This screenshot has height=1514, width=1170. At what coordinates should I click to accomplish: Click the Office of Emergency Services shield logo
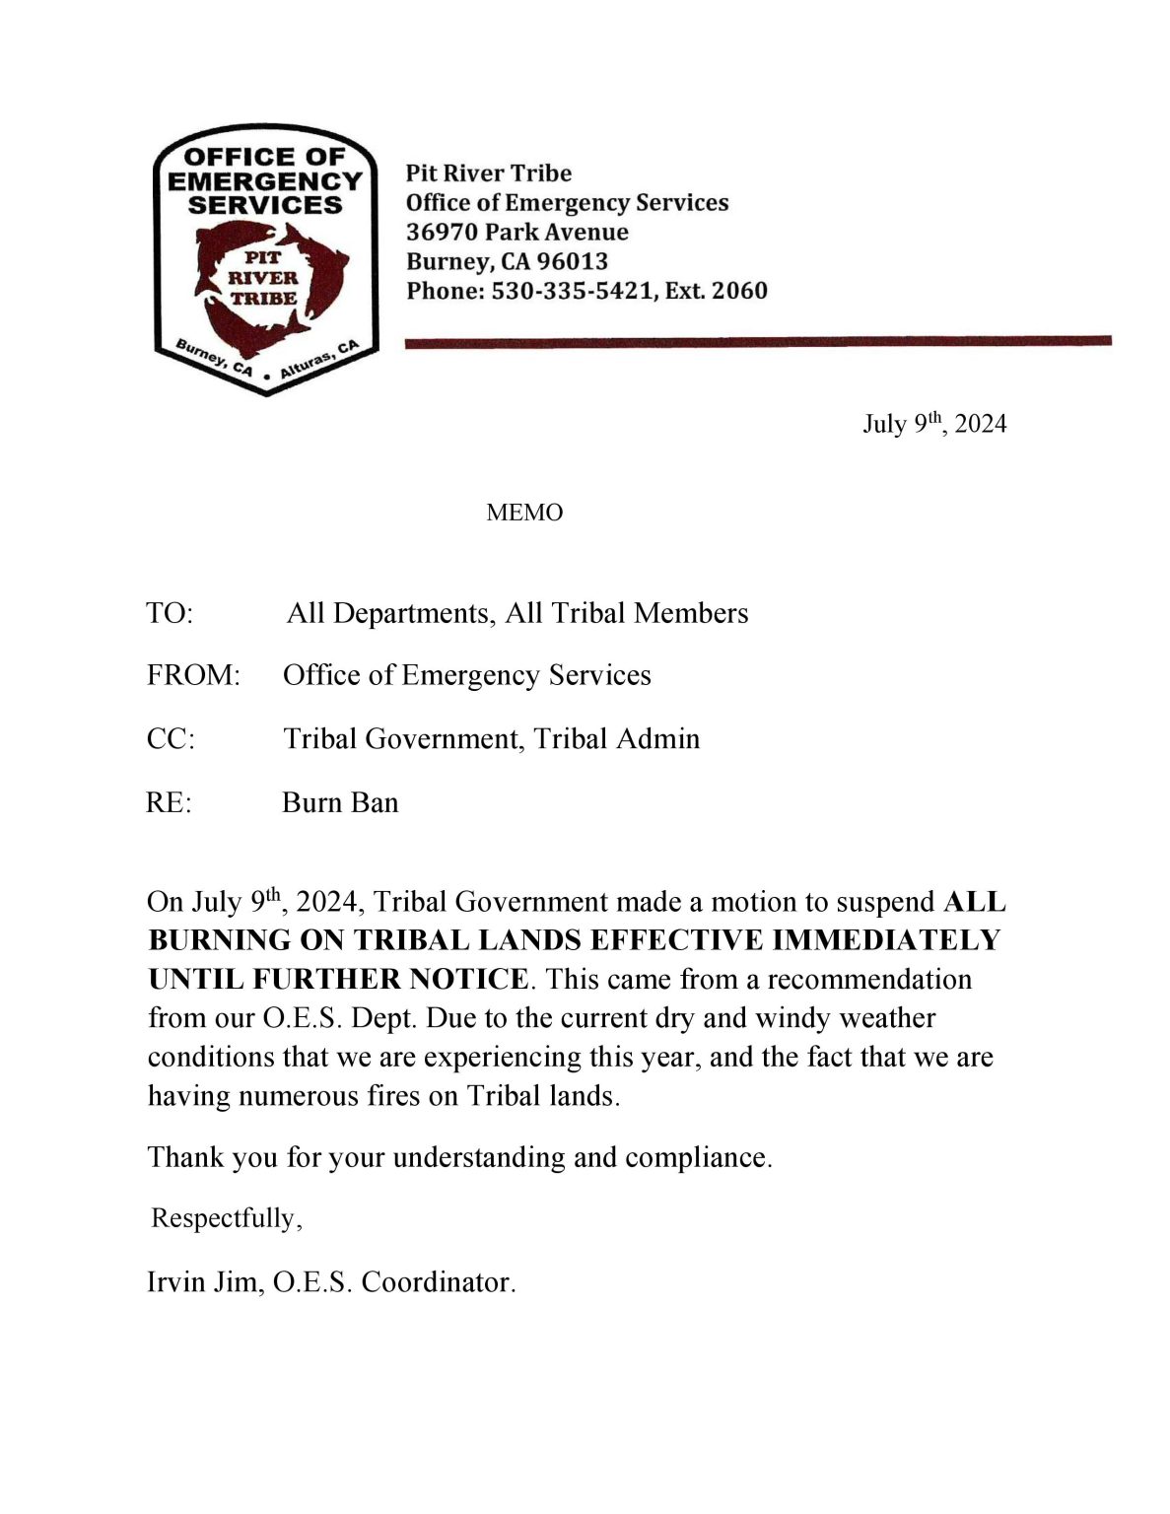coord(265,259)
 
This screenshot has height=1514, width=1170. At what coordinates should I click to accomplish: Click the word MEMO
coord(524,513)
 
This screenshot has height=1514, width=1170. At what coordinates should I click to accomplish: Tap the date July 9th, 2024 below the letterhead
coord(933,424)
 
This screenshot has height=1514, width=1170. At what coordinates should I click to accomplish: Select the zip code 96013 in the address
coord(572,261)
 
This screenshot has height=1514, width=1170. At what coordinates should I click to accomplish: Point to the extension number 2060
coord(738,291)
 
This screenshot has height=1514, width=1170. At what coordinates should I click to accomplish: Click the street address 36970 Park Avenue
coord(516,232)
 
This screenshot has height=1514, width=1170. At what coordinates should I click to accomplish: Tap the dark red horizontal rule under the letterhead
coord(758,341)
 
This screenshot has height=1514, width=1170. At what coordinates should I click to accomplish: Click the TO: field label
coord(170,613)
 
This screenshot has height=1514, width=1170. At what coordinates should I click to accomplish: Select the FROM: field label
coord(193,675)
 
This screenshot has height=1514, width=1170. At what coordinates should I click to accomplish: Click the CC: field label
coord(171,739)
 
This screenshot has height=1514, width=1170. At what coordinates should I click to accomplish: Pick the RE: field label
coord(169,802)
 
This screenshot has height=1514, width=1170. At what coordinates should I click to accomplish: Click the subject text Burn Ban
coord(340,802)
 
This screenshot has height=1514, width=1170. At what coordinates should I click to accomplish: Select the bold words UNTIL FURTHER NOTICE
coord(338,979)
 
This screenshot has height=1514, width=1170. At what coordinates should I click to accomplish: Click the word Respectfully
coord(223,1218)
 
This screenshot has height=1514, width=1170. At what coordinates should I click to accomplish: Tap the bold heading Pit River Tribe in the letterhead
coord(488,173)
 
